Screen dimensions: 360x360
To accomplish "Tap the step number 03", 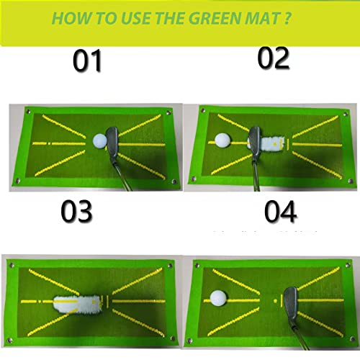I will click(77, 212).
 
